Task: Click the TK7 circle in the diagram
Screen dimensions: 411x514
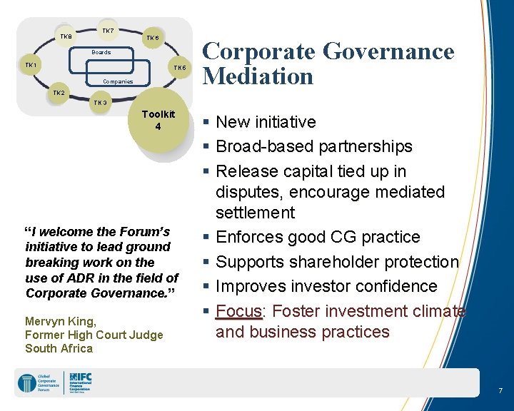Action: click(x=108, y=31)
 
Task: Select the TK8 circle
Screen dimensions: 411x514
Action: click(x=66, y=36)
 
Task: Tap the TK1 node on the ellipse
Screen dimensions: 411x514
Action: click(x=31, y=66)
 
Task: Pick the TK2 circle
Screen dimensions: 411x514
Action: click(x=59, y=93)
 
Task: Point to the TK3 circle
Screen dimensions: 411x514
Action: click(x=101, y=103)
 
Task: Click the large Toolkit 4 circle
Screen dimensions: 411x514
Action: click(x=158, y=121)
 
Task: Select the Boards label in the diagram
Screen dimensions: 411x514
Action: click(x=101, y=52)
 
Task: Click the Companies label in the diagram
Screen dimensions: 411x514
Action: click(x=117, y=81)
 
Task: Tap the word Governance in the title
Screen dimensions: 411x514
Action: click(x=388, y=51)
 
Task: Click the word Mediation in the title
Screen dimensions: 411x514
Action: click(x=258, y=76)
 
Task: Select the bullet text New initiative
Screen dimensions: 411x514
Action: click(x=266, y=122)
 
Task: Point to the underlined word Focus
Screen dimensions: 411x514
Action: click(x=239, y=311)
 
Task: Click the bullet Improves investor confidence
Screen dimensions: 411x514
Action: click(x=326, y=286)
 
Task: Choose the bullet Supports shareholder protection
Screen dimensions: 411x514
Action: click(x=337, y=262)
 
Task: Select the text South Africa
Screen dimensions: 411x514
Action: click(x=59, y=348)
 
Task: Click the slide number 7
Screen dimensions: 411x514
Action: click(x=500, y=391)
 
